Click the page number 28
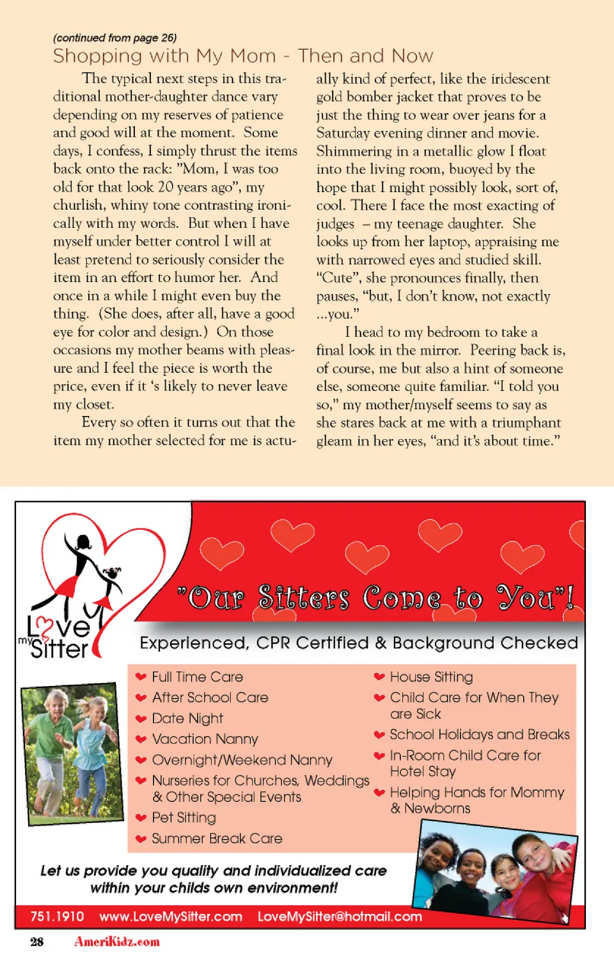[37, 941]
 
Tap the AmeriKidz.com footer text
[117, 941]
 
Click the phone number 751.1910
[57, 916]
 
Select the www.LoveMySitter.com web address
[171, 916]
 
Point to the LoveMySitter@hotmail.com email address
[340, 916]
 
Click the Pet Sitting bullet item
[184, 817]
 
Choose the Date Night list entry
[187, 718]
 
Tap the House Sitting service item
[431, 676]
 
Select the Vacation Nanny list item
[205, 739]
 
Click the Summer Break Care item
[217, 838]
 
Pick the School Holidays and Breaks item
[479, 735]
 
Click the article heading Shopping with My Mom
[243, 56]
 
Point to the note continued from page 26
[115, 38]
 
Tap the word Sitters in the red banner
[304, 598]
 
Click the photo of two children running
[72, 753]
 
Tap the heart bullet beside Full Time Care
[141, 677]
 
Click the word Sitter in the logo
[59, 650]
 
